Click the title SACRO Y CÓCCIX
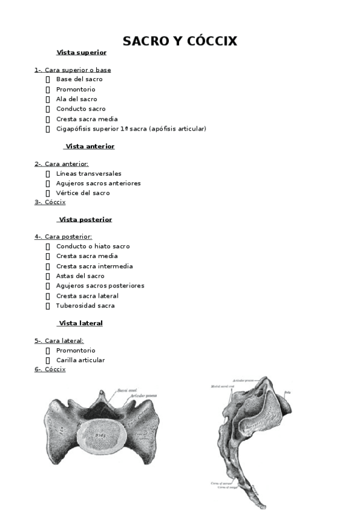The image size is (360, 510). click(180, 41)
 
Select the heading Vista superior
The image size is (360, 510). click(81, 52)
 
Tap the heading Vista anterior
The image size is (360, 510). click(90, 146)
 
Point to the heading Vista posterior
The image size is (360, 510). click(85, 220)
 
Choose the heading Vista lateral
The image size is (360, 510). click(81, 323)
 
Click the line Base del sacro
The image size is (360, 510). click(79, 79)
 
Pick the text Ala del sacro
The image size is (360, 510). click(76, 99)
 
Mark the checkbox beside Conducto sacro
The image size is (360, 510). click(48, 109)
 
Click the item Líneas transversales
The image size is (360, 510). click(88, 173)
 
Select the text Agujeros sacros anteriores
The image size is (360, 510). click(99, 183)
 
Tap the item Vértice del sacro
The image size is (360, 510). click(83, 193)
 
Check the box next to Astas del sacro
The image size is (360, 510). click(48, 276)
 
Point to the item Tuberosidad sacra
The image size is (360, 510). click(85, 306)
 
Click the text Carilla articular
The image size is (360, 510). click(81, 360)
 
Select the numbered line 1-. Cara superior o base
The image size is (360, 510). click(73, 70)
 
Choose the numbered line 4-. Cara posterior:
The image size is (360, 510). click(63, 237)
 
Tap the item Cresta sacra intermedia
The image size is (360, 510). click(94, 266)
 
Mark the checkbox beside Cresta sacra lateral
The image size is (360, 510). click(48, 296)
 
